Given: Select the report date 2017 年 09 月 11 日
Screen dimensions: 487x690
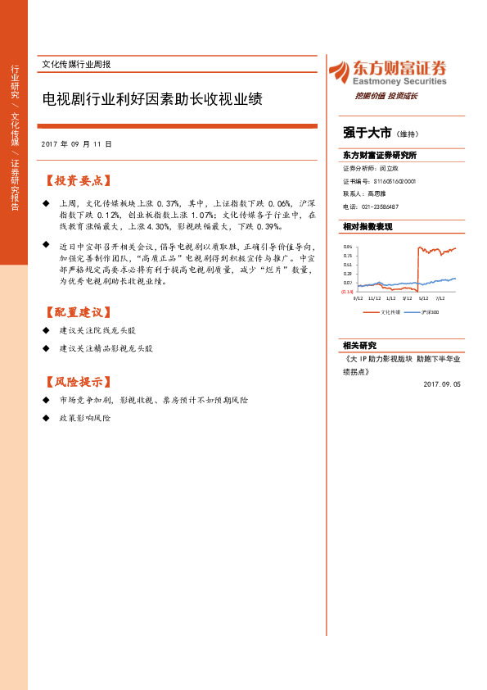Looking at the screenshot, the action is click(x=76, y=143).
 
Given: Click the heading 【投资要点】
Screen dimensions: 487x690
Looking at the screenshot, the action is click(x=78, y=180).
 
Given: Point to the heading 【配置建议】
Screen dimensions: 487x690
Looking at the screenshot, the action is click(x=78, y=312).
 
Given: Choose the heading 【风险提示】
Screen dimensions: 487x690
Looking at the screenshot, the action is click(x=78, y=382).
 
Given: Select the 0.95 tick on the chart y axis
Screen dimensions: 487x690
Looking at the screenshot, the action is click(x=347, y=247).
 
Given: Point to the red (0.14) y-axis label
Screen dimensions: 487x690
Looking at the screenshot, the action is click(x=347, y=292).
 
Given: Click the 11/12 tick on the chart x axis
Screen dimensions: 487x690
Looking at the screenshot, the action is click(x=374, y=299).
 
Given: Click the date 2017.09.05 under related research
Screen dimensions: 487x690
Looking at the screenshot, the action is click(x=443, y=384).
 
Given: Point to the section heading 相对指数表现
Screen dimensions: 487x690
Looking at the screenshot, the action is click(x=368, y=226).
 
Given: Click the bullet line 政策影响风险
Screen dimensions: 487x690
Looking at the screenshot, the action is click(x=84, y=418).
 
